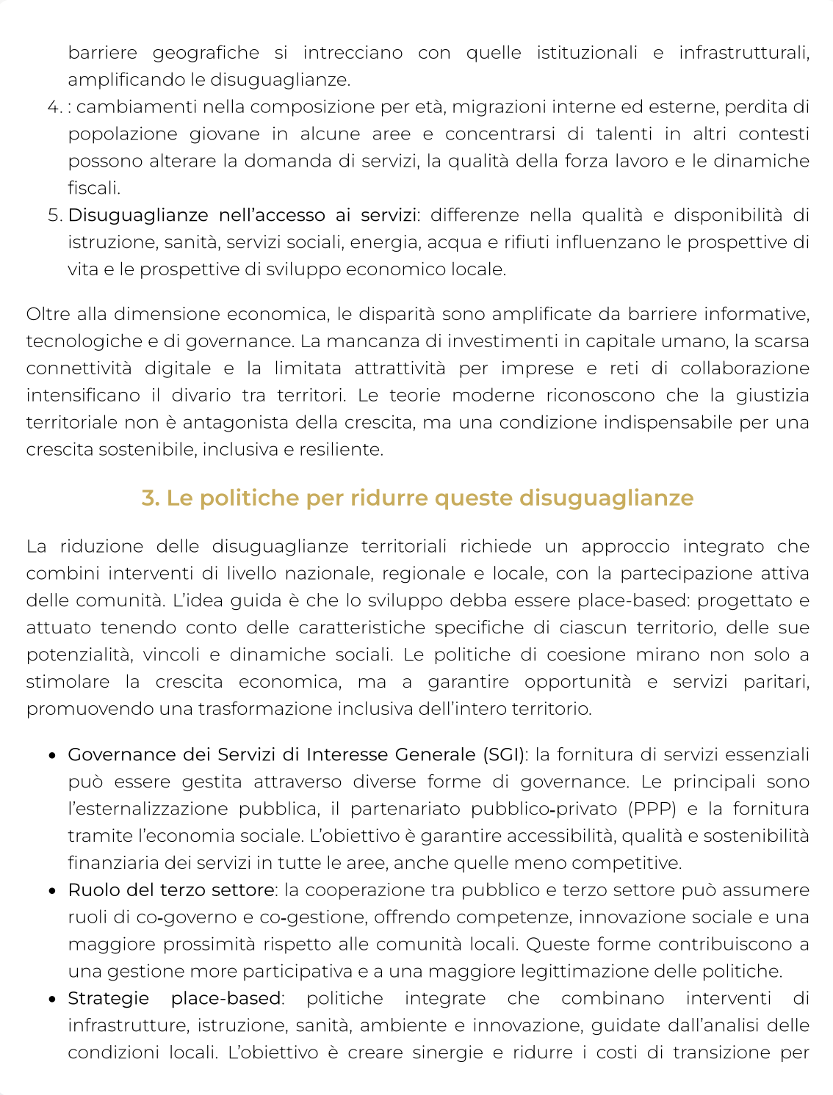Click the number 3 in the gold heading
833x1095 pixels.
(x=149, y=498)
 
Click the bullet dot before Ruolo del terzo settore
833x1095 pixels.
(x=53, y=891)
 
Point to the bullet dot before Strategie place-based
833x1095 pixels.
(x=53, y=1000)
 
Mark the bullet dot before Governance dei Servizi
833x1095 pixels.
(x=53, y=756)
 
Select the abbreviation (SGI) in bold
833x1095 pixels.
(x=503, y=754)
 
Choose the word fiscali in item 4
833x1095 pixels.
(x=93, y=189)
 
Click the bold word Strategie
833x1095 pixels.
(x=108, y=999)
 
